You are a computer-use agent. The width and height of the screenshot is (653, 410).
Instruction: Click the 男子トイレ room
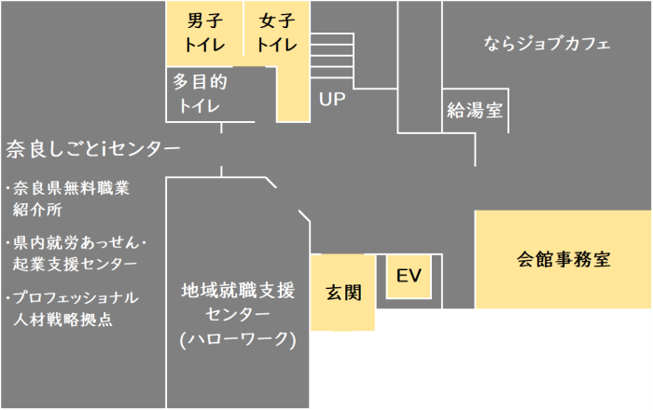point(203,34)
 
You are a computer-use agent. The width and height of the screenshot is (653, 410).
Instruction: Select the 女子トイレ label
point(276,34)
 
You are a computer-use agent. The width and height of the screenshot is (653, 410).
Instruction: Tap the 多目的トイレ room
point(200,93)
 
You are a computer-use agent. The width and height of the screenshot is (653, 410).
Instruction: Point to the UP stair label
point(332,100)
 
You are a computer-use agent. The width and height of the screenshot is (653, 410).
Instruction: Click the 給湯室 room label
point(475,111)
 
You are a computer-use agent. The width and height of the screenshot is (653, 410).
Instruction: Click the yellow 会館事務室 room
point(563,260)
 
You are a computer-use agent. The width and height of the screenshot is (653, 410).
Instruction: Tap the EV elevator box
point(410,276)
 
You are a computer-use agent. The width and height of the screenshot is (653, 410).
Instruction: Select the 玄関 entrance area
point(342,293)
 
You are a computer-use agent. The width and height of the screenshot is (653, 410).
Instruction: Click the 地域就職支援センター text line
point(237,289)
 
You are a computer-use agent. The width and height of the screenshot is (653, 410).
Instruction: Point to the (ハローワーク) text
point(237,339)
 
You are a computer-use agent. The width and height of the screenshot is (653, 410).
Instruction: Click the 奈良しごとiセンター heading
point(92,148)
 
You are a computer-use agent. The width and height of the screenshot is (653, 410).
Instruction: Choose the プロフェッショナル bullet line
point(76,298)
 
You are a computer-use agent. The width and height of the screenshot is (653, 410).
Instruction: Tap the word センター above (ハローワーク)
point(237,314)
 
